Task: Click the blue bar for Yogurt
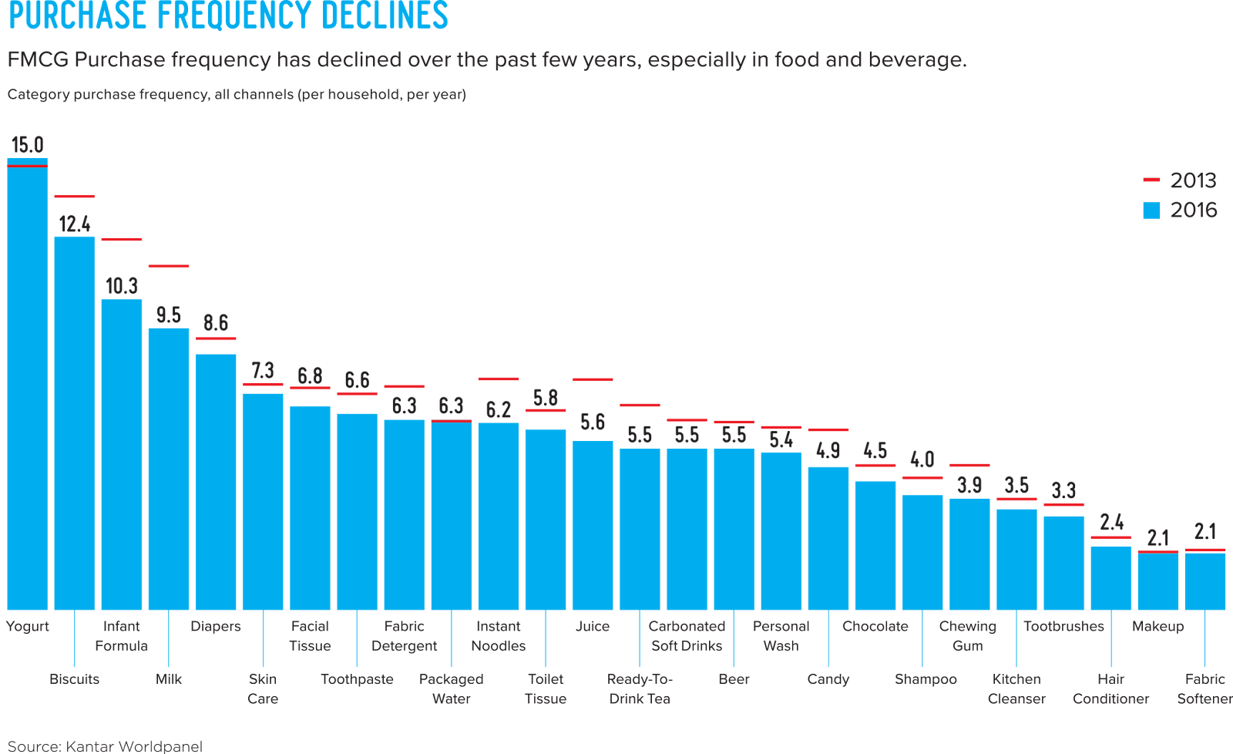tap(27, 385)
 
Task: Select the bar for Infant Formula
tap(122, 455)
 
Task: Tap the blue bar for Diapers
tap(216, 482)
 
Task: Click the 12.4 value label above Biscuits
tap(75, 224)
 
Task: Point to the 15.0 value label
tap(27, 145)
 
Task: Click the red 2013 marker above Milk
tap(169, 266)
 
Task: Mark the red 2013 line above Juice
tap(593, 379)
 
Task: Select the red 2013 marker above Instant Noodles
tap(499, 379)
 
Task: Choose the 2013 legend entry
tap(1179, 180)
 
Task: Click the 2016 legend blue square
tap(1151, 210)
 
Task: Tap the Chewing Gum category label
tap(968, 636)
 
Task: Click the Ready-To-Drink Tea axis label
tap(640, 688)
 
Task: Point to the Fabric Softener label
tap(1205, 688)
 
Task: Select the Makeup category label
tap(1157, 626)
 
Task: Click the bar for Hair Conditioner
tap(1111, 578)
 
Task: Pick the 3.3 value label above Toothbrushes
tap(1064, 490)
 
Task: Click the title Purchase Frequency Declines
tap(228, 15)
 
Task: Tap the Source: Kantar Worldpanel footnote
tap(105, 746)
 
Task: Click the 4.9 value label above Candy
tap(828, 450)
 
